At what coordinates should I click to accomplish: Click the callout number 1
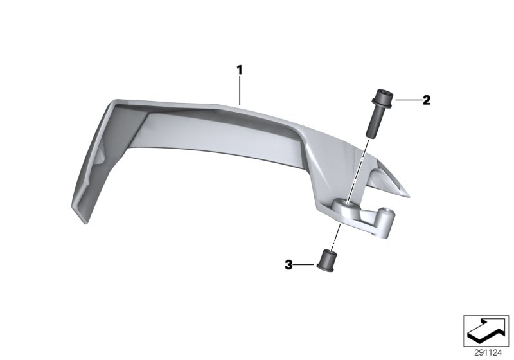[x=239, y=69]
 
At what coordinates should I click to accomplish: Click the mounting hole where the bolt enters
[x=348, y=203]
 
